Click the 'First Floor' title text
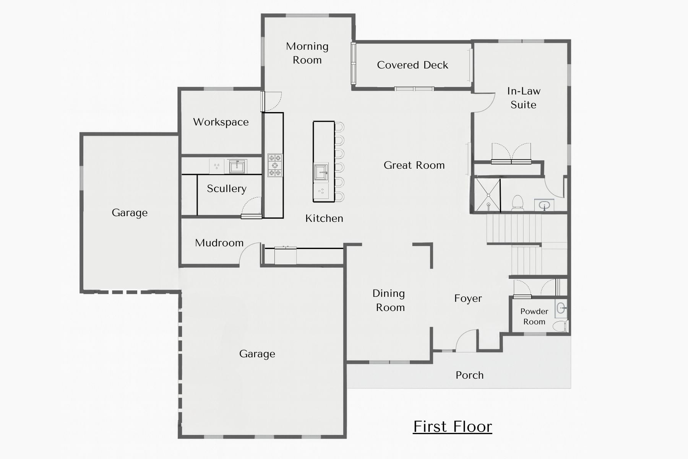pos(453,426)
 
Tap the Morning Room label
pos(307,53)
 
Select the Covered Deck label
pos(412,65)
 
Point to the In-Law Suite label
pos(524,98)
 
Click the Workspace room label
pos(221,122)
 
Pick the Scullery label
pos(227,189)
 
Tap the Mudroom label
pos(219,243)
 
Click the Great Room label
pos(414,165)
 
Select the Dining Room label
pos(389,300)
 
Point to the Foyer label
pos(468,298)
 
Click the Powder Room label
pos(534,316)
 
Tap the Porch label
pos(469,375)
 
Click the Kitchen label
pos(324,218)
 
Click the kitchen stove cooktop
pos(275,165)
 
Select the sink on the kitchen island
pos(321,172)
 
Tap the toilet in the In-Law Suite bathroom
pos(518,203)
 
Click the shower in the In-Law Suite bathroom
pos(487,195)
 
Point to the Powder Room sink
pos(561,308)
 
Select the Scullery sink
pos(237,166)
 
